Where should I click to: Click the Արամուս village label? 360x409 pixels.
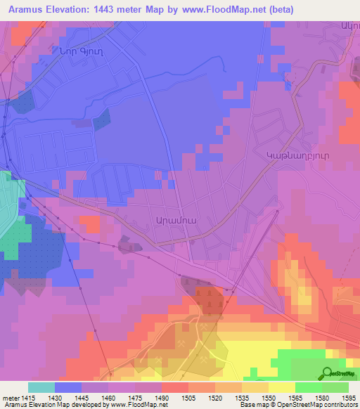(165, 219)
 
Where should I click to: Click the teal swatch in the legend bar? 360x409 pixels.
(41, 387)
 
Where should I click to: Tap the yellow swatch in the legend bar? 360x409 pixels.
(282, 387)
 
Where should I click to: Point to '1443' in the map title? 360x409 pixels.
(110, 9)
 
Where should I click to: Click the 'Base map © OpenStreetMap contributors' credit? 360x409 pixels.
(298, 405)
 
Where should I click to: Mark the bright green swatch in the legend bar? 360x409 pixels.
(309, 387)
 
